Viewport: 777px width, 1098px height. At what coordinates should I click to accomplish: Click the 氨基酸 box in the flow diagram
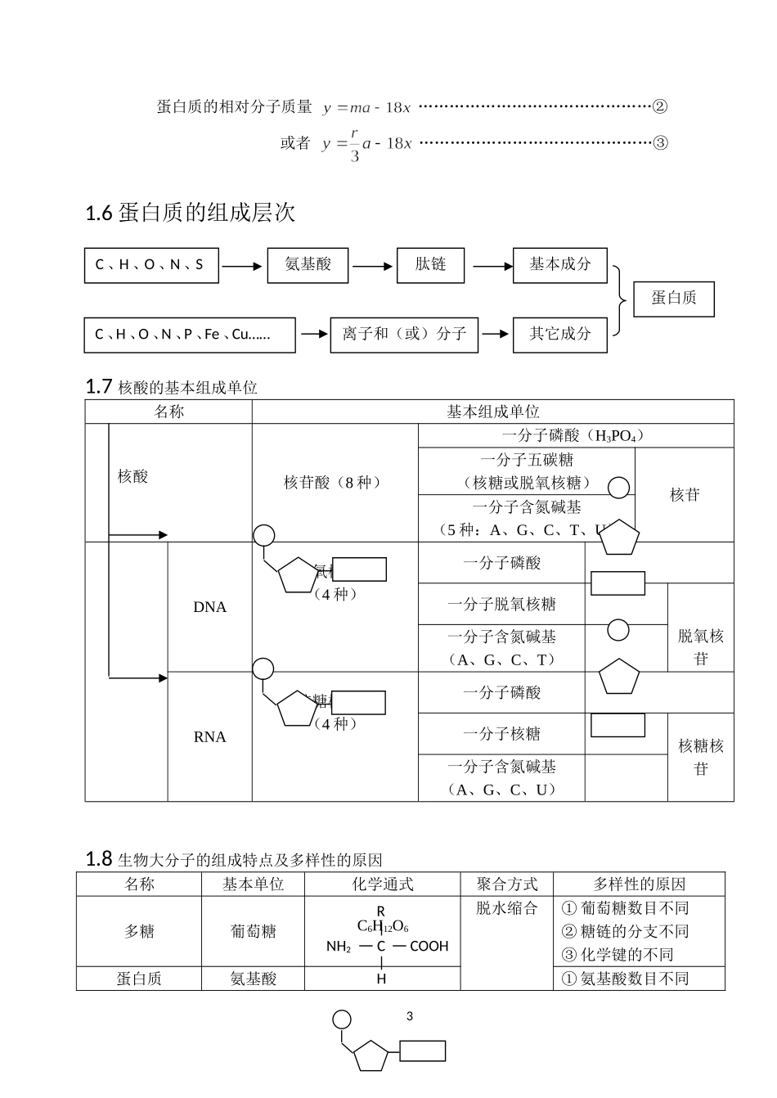coord(308,265)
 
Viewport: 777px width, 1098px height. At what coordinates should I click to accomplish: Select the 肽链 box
coord(430,265)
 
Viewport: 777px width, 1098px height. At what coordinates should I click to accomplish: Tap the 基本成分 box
coord(559,265)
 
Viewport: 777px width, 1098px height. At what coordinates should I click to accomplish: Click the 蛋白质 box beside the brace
coord(674,299)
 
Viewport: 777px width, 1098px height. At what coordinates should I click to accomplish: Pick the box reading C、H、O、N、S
coord(151,265)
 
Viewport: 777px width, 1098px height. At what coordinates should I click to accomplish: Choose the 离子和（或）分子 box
coord(404,335)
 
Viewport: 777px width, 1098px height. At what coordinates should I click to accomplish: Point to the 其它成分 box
coord(559,335)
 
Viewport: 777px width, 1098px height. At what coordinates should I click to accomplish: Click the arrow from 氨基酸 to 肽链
coord(372,266)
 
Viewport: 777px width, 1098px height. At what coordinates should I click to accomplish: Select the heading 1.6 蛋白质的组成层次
coord(190,214)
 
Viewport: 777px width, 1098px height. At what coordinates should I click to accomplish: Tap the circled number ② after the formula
coord(660,106)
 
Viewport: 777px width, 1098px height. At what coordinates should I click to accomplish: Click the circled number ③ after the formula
coord(660,143)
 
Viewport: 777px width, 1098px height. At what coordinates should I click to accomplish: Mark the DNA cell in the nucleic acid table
coord(209,607)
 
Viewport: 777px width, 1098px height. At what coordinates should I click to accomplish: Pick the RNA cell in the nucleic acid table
coord(209,737)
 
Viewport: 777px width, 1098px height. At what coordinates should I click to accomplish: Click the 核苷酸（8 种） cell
coord(334,483)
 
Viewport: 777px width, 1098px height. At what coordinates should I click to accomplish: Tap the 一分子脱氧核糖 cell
coord(501,605)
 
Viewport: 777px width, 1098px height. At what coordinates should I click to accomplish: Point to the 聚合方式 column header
coord(507,884)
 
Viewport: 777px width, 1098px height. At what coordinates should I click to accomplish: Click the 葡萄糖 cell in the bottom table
coord(253,932)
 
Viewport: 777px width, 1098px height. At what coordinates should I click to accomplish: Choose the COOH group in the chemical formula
coord(429,947)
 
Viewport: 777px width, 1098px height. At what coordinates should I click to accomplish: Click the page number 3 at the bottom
coord(410,1016)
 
